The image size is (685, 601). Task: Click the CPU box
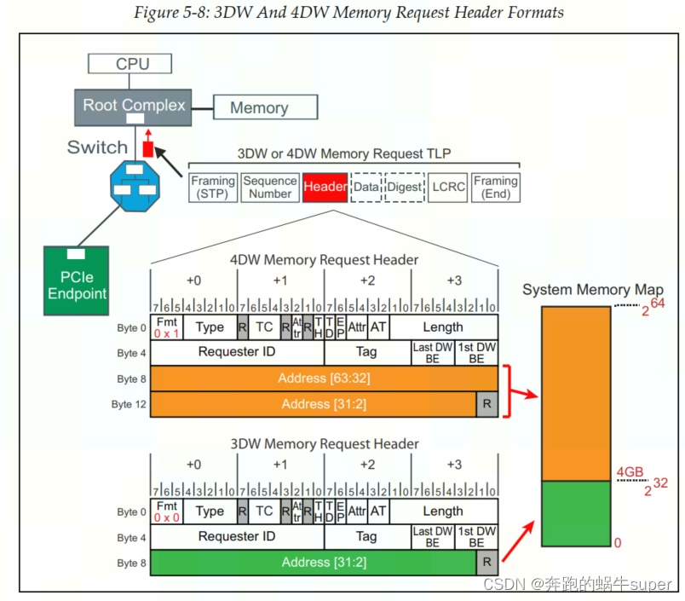point(131,63)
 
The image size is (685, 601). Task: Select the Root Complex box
point(133,107)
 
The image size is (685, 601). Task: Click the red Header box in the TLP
point(325,188)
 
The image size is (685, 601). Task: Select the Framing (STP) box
point(212,188)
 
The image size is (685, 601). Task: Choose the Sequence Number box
point(269,188)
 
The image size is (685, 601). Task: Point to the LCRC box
point(448,188)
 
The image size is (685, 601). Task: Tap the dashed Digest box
point(404,188)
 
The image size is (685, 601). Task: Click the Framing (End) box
point(495,188)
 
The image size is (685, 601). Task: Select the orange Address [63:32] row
point(324,379)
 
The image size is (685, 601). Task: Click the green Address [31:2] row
point(313,563)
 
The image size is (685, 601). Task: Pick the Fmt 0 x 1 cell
point(167,327)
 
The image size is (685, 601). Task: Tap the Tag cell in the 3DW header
point(366,537)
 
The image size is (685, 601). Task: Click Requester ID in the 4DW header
point(237,352)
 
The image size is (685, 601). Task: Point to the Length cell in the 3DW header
point(444,511)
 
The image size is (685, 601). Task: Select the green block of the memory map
point(576,513)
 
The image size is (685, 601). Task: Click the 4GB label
point(629,471)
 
